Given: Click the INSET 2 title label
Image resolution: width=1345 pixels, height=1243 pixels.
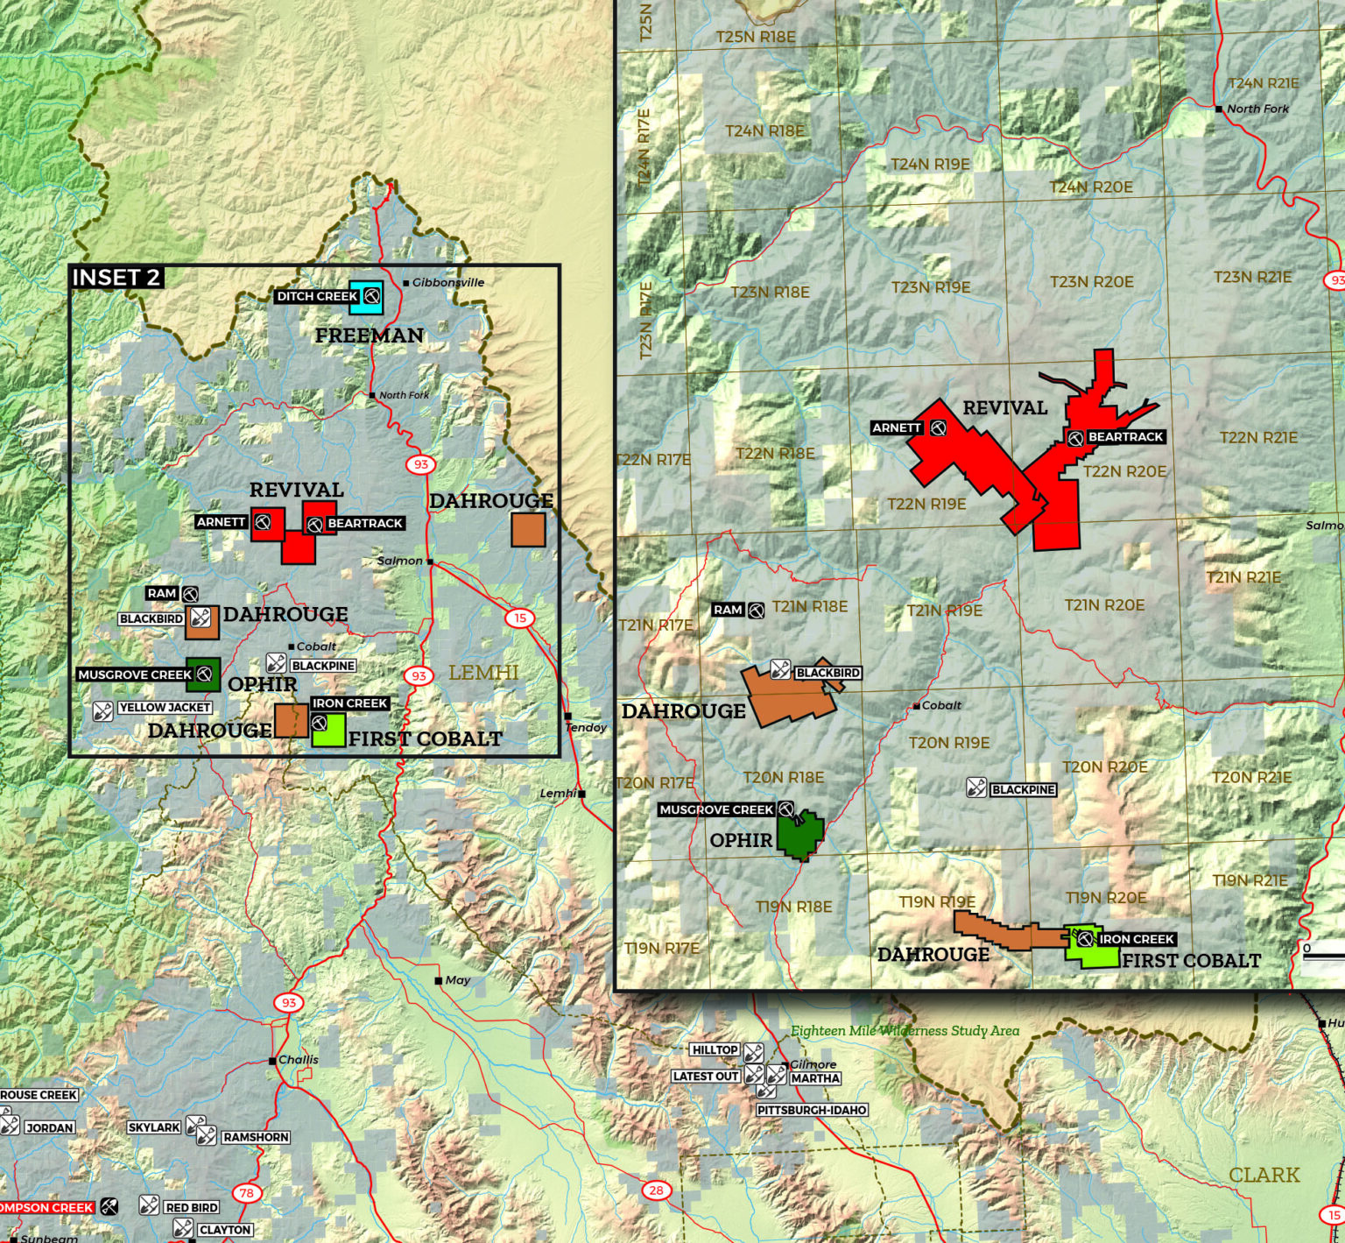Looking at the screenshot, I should (x=116, y=278).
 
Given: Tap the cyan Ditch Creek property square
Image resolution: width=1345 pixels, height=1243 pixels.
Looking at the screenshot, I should (x=365, y=297).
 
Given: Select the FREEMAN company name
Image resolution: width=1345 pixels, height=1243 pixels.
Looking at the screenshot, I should (x=369, y=335).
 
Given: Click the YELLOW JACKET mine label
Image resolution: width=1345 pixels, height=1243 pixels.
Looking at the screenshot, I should (x=165, y=708).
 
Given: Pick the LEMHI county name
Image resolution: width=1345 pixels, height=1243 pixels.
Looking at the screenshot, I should (x=483, y=673).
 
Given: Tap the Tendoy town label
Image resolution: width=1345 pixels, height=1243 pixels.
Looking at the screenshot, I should (x=586, y=727).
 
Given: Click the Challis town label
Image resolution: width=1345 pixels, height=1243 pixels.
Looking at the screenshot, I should (x=298, y=1060).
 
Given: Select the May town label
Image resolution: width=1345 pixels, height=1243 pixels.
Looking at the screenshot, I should (x=457, y=980).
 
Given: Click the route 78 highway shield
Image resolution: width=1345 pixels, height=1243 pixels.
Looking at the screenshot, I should (x=247, y=1192).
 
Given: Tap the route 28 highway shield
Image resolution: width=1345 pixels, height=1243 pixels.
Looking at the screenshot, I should (x=656, y=1190).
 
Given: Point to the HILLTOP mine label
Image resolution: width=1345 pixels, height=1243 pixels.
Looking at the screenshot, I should (x=715, y=1050).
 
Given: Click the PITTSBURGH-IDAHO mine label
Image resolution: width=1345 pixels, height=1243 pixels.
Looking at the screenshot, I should (x=812, y=1110).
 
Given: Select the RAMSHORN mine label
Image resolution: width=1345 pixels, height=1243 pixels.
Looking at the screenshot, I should (x=255, y=1137).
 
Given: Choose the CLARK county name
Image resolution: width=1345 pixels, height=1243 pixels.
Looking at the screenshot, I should (x=1264, y=1175).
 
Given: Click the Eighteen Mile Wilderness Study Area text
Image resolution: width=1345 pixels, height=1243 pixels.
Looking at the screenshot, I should (x=905, y=1031).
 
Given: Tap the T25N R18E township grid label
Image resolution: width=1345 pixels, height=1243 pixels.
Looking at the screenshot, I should (x=755, y=37).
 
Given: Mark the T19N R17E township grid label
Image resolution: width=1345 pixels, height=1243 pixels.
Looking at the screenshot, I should (x=661, y=948).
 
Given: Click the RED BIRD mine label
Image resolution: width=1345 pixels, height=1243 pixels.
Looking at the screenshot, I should (x=191, y=1207).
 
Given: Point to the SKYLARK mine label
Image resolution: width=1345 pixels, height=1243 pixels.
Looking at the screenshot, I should (x=154, y=1127).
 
